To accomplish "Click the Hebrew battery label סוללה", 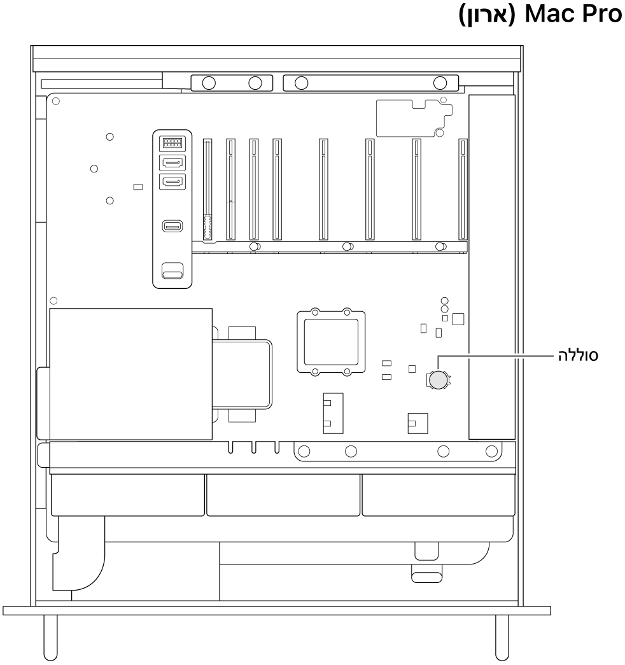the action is pos(578,355).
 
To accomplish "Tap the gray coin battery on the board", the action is pos(438,380).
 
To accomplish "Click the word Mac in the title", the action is pos(551,15).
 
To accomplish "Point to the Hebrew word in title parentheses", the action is pos(487,15).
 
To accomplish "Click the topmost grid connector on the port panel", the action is pos(172,143).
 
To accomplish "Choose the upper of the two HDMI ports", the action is pos(172,162).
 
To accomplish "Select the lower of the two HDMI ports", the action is pos(172,182).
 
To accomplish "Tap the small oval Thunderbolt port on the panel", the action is pos(172,226).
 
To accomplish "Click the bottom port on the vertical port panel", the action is pos(172,270).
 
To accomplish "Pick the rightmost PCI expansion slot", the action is pos(463,189).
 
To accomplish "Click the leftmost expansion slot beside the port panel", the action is pos(207,189).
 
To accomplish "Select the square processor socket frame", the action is pos(331,341).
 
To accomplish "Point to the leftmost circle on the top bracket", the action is pos(209,83).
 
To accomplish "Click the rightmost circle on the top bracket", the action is pos(440,83).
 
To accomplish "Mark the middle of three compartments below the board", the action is pos(283,495).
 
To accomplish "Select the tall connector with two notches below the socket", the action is pos(333,413).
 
